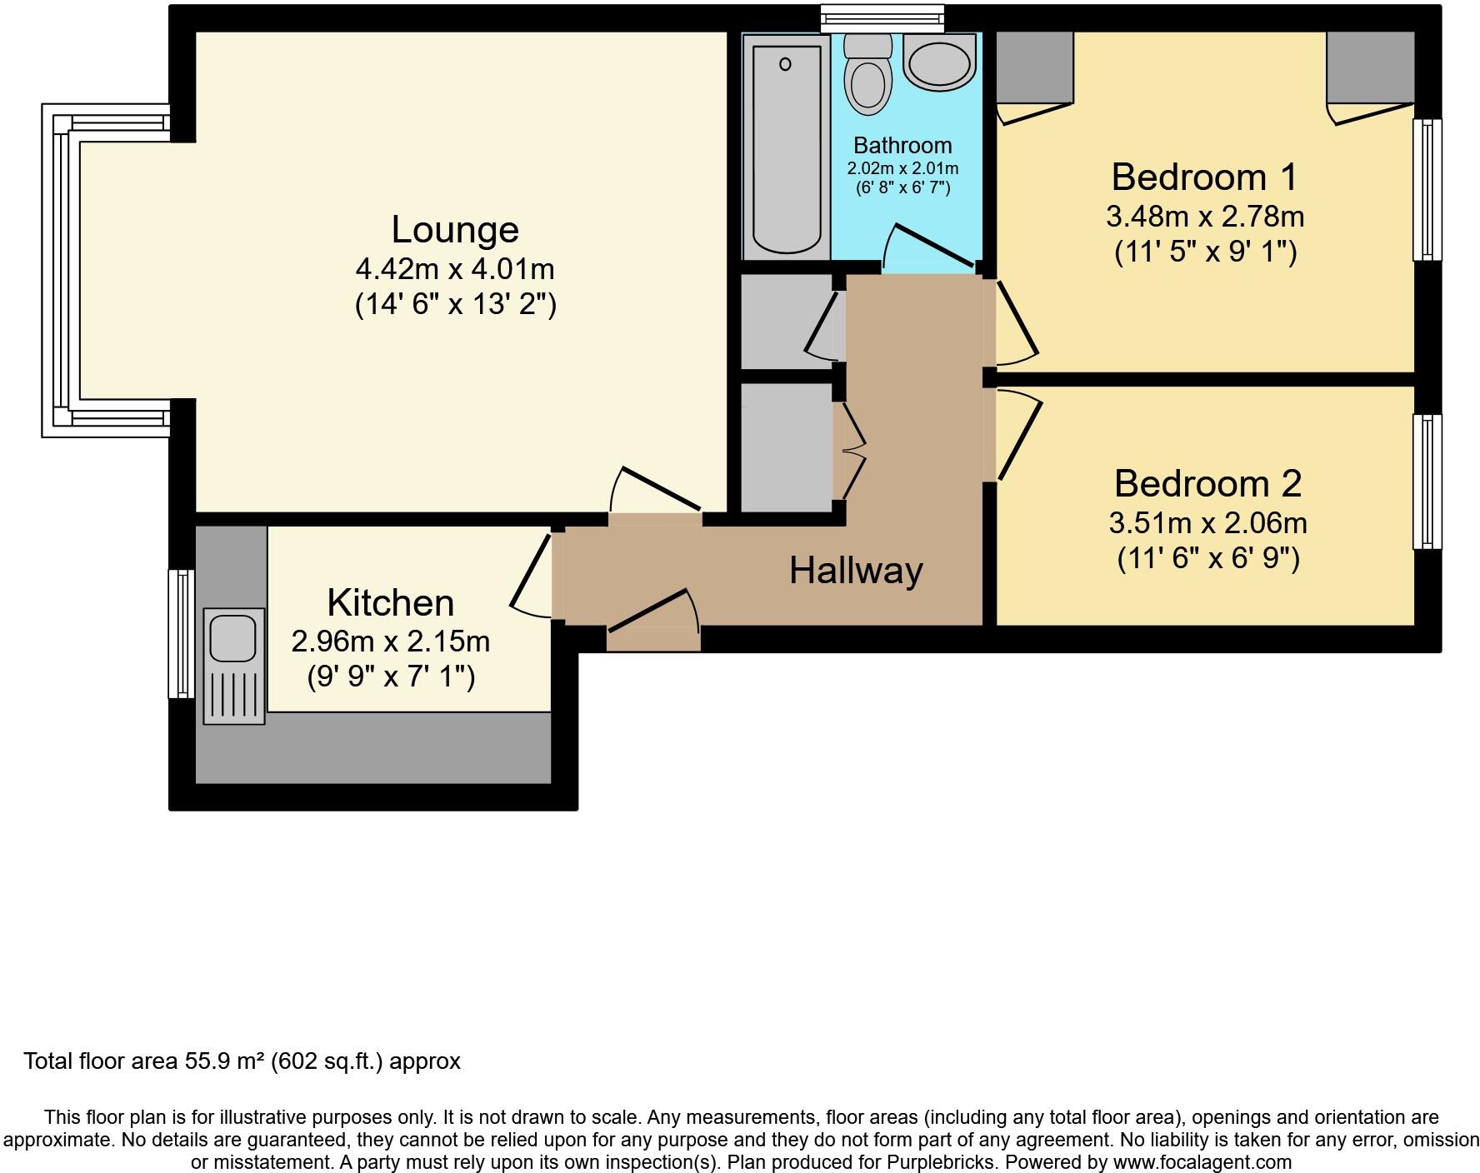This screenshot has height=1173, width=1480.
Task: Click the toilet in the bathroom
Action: (x=867, y=79)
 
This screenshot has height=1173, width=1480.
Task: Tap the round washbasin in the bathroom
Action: (x=939, y=62)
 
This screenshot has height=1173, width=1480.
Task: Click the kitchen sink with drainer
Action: (x=233, y=666)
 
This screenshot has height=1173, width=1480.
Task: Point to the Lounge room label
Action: (x=455, y=230)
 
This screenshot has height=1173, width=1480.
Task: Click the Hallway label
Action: (x=856, y=571)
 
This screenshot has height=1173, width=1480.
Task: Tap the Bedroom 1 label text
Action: (x=1204, y=177)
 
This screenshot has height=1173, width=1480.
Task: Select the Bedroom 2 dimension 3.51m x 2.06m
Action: (x=1207, y=523)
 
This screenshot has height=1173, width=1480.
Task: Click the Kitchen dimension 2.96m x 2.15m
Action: (x=390, y=641)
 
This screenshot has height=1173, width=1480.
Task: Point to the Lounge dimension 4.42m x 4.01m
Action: (x=455, y=269)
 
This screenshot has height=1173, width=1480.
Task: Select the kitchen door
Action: (x=532, y=575)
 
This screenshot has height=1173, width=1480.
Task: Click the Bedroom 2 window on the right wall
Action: (x=1427, y=482)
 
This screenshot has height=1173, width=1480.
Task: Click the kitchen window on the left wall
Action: (x=181, y=633)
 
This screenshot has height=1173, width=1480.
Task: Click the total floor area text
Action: (x=242, y=1061)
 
